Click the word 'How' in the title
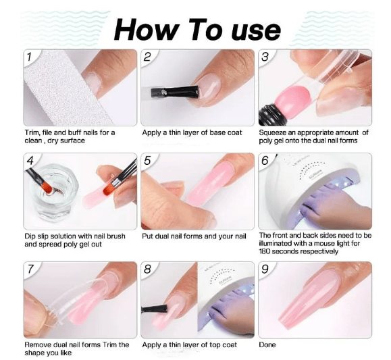coord(147,30)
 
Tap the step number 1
coord(29,57)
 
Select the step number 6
coord(265,161)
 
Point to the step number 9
coord(265,269)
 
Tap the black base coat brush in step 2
coord(175,92)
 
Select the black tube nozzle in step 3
coord(269,115)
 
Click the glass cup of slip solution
coord(53,192)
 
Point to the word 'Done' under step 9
coord(267,344)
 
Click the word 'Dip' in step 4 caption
coord(30,236)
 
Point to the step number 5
coord(147,161)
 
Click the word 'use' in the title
coord(256,31)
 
